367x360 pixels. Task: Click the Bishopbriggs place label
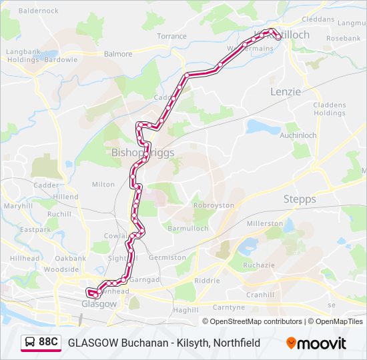coord(142,153)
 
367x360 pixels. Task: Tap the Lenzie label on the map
coord(286,91)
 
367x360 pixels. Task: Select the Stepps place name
coord(300,199)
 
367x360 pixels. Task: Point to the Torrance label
coord(171,36)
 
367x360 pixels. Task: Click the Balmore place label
coord(117,53)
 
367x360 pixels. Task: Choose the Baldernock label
coord(39,11)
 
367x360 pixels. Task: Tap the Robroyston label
coord(214,206)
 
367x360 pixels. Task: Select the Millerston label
coord(265,223)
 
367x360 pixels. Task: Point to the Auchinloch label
coord(298,135)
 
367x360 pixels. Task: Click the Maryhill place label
coord(18,206)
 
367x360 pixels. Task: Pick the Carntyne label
coord(229,307)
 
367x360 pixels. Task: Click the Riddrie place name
coord(207,281)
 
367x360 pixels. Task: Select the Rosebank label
coord(344,39)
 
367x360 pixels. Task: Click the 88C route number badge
coord(47,342)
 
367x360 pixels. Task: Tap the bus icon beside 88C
coord(30,342)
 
